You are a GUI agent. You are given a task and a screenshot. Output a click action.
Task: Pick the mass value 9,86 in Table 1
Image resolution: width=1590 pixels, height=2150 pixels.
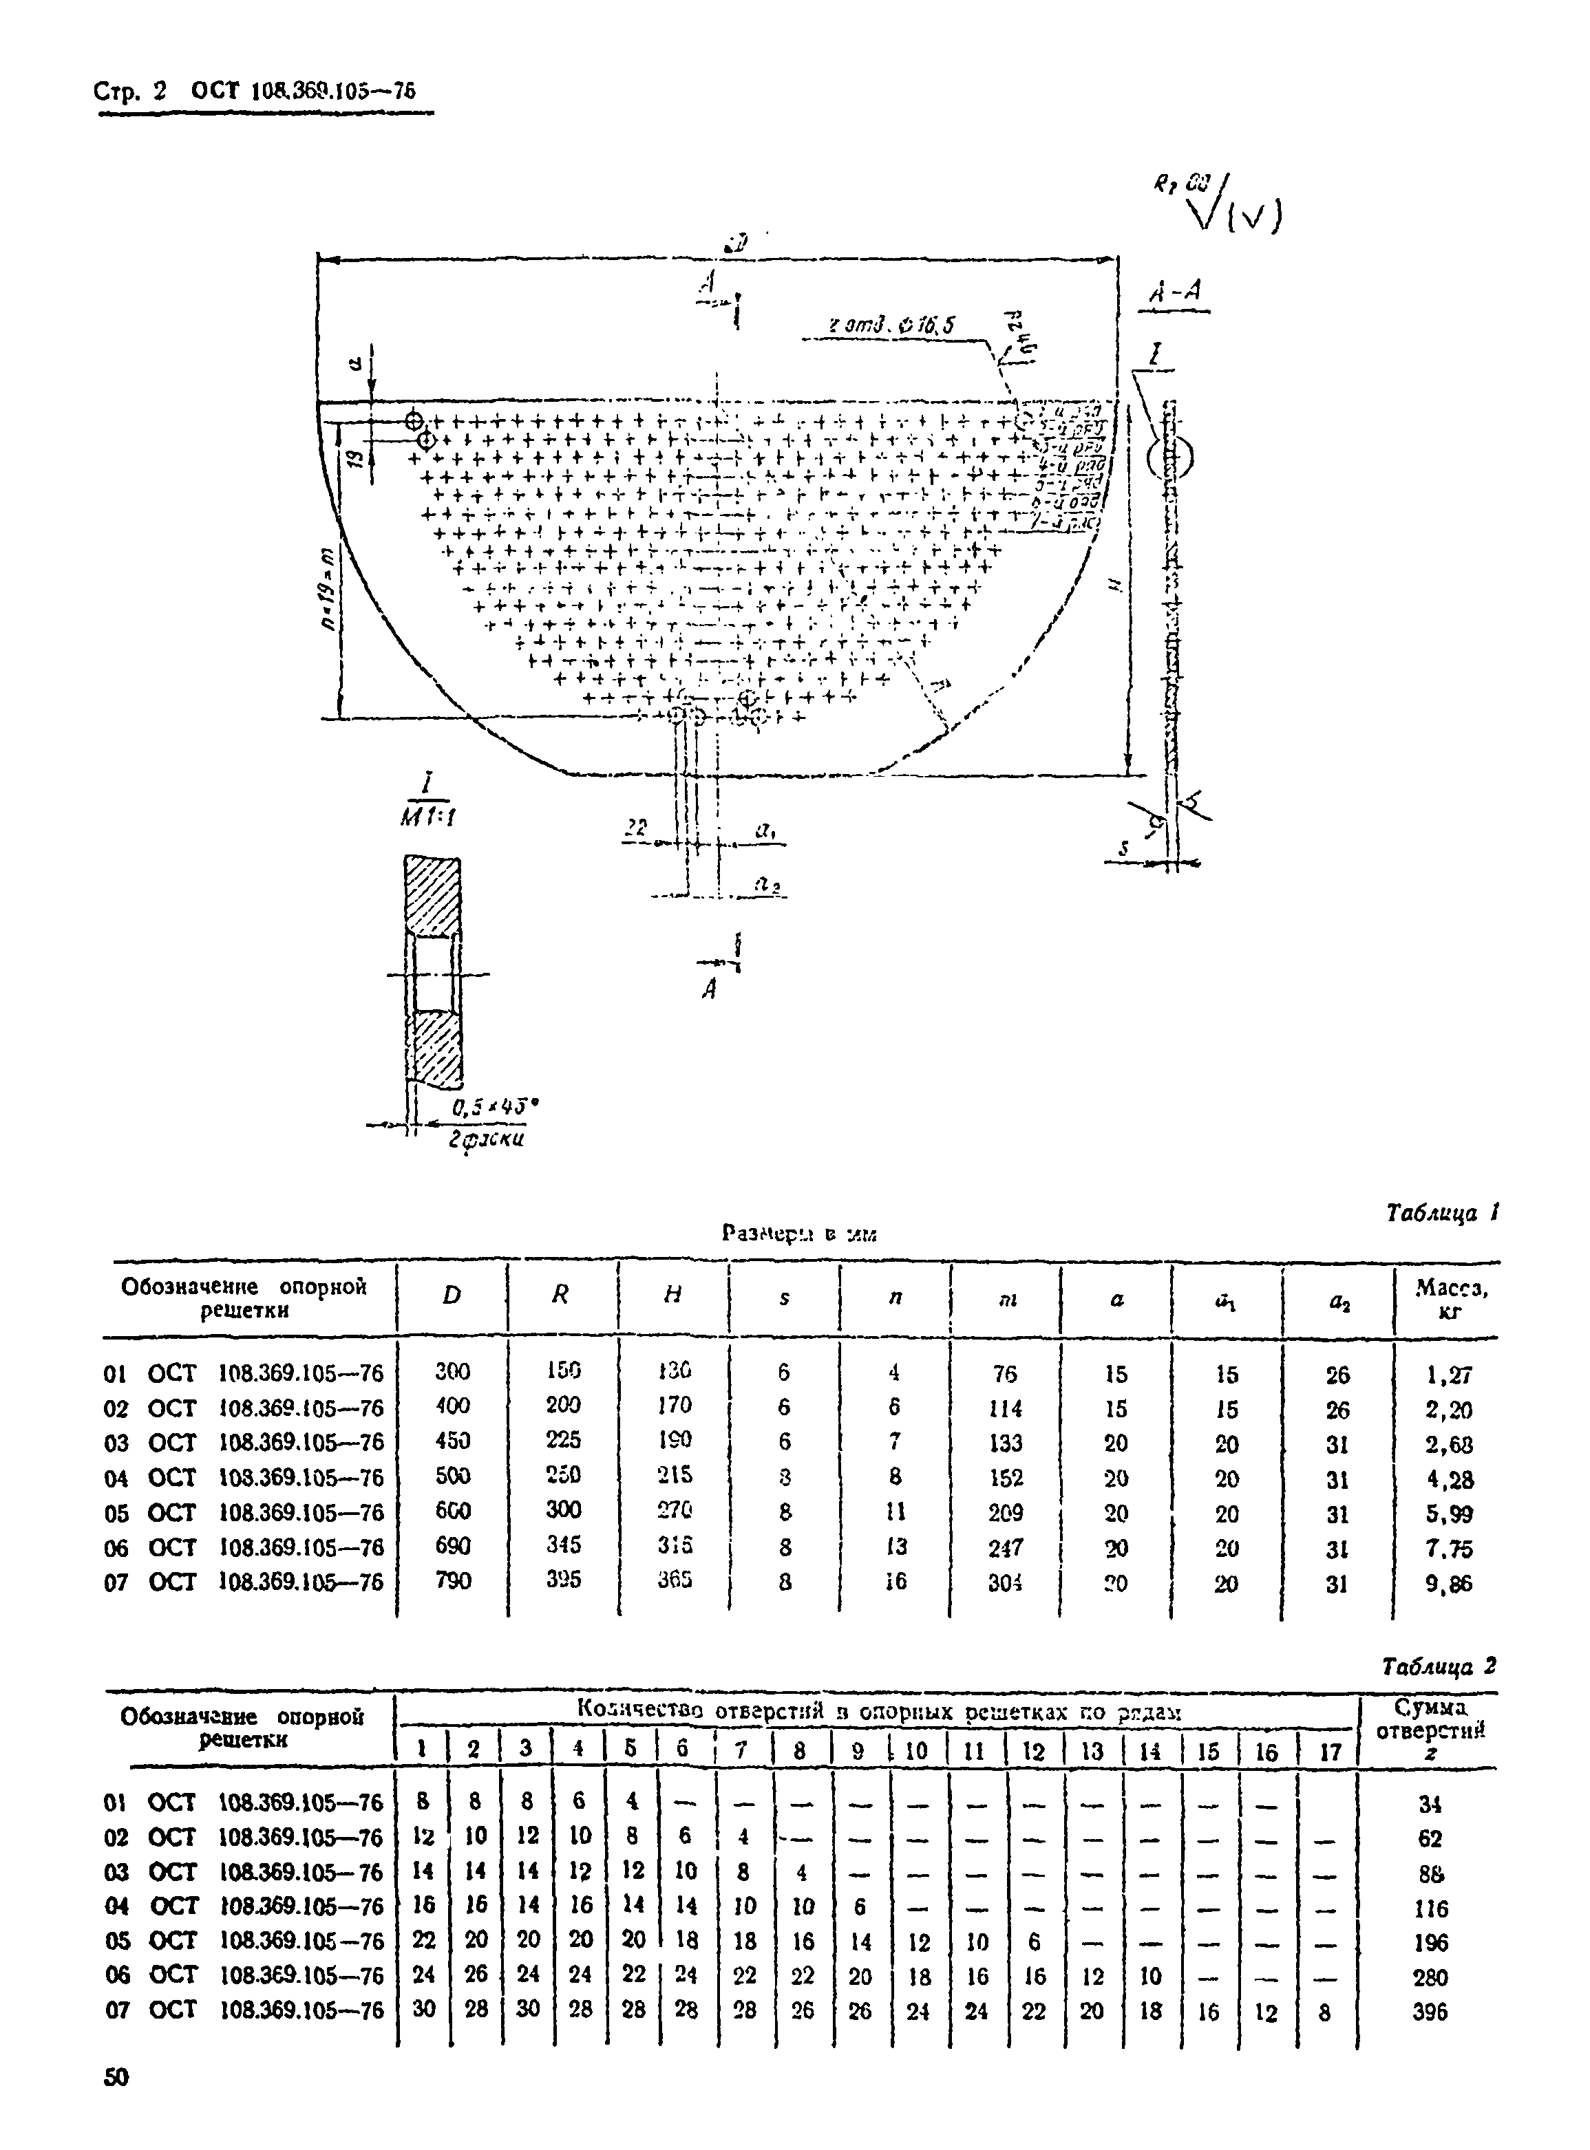[x=1448, y=1583]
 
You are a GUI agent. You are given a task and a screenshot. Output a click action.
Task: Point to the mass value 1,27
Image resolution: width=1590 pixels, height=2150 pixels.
[x=1448, y=1375]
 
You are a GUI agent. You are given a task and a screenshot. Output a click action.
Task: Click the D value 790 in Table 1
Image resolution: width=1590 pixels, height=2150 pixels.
[x=452, y=1580]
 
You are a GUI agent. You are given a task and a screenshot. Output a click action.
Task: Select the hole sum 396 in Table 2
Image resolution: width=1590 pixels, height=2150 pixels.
[x=1431, y=2012]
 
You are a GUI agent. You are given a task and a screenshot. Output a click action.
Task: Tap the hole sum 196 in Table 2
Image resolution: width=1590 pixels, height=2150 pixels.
[x=1431, y=1943]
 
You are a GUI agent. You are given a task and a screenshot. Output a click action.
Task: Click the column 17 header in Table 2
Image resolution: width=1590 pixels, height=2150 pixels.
[x=1329, y=1752]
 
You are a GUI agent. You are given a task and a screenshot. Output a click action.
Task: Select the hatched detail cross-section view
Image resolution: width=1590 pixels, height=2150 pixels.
[x=432, y=971]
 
